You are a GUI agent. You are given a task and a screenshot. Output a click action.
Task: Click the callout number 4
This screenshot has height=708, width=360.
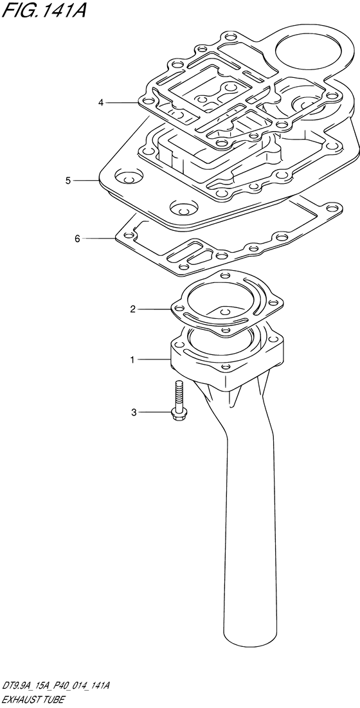coord(102,103)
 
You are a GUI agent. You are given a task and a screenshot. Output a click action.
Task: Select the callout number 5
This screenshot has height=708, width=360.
coord(67,181)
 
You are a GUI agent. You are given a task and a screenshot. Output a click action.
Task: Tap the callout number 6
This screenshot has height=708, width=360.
coord(77,239)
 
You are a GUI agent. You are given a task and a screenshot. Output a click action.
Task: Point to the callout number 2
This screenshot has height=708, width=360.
coord(132,309)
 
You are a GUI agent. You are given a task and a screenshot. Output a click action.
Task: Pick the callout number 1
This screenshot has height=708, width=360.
coord(132,360)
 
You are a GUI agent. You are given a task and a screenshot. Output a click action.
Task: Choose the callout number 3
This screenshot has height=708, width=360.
coord(134,412)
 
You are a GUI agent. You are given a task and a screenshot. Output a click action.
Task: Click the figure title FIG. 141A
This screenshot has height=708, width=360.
coord(43,10)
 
